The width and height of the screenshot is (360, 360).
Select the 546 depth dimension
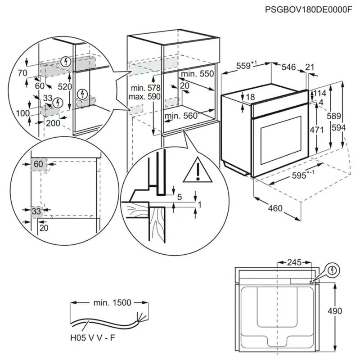[288, 67]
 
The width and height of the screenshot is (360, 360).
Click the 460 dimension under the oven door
[275, 208]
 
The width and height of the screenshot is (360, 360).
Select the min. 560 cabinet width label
[181, 116]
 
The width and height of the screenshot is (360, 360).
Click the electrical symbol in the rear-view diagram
[332, 270]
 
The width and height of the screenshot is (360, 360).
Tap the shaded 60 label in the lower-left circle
[38, 164]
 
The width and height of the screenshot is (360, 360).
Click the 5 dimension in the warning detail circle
[180, 196]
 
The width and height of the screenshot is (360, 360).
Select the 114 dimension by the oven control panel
[320, 94]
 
